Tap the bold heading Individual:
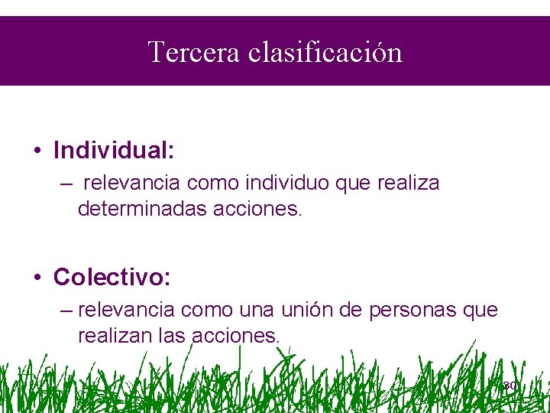click(114, 150)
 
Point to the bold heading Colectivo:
click(112, 276)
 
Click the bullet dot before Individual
click(37, 151)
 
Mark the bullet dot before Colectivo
click(37, 277)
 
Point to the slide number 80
click(510, 385)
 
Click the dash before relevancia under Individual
click(70, 184)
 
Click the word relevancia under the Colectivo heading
click(126, 311)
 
